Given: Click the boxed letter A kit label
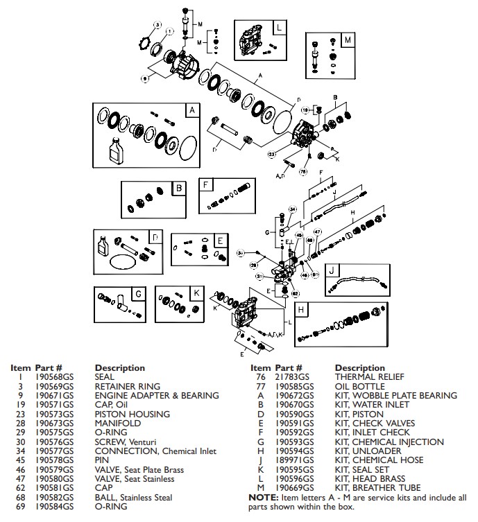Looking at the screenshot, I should pos(190,111).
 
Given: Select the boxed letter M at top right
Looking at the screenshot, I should pos(348,40).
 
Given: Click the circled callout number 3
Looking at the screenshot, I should pos(157,25).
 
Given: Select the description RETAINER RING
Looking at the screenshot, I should pos(127,386).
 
